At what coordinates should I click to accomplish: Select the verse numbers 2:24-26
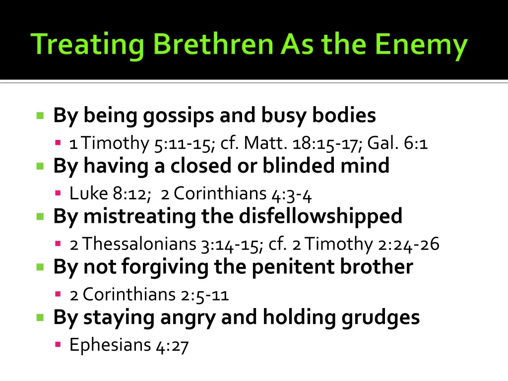pos(407,245)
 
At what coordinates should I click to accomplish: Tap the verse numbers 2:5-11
pos(204,295)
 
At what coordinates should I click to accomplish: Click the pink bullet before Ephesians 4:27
pos(58,344)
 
